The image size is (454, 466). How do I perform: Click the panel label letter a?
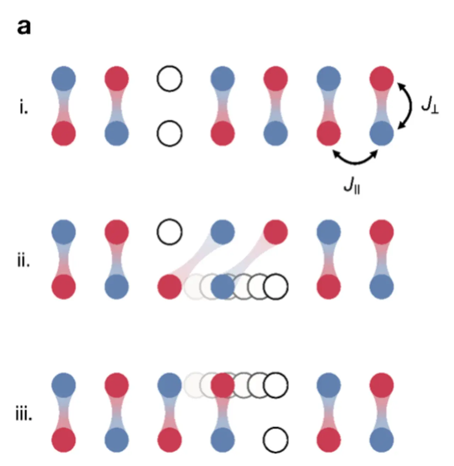[x=24, y=27]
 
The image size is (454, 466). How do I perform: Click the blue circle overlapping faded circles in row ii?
[x=223, y=287]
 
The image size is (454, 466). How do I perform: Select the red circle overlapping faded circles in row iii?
[x=223, y=385]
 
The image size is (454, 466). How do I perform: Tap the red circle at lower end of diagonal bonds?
[x=170, y=287]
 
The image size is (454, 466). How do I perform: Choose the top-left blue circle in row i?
[x=63, y=78]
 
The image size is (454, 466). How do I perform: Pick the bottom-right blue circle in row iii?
[x=382, y=440]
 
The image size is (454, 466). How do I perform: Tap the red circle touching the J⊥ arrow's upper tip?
[x=382, y=78]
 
